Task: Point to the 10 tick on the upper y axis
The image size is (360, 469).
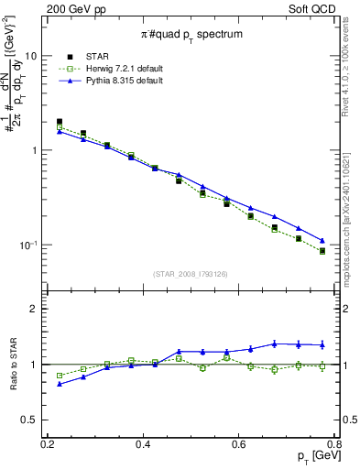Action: point(30,55)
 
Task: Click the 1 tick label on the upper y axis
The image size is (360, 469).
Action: point(34,150)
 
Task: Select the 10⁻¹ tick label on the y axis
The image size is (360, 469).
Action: point(27,245)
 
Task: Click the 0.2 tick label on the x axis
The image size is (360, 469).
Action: point(48,444)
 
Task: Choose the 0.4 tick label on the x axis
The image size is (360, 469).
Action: point(143,444)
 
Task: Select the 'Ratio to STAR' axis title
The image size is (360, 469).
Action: point(11,365)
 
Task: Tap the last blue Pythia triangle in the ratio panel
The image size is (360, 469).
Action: point(322,344)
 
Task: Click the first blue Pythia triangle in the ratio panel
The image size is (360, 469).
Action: point(60,384)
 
